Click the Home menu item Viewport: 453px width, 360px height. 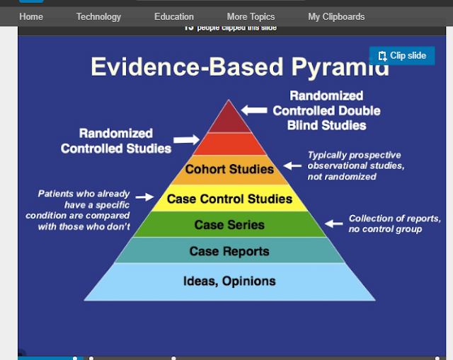coord(31,16)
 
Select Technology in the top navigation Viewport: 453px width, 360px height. coord(98,16)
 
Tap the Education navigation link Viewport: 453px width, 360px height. coord(173,16)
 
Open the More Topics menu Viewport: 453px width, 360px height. coord(251,16)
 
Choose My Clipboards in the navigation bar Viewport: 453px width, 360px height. coord(336,16)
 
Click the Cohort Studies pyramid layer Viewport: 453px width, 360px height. coord(229,170)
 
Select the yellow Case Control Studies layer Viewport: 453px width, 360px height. coord(229,199)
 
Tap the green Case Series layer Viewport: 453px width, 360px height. coord(229,225)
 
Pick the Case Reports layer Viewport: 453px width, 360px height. coord(229,251)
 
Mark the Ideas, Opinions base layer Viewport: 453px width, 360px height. coord(229,281)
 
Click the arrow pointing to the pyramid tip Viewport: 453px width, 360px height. coord(254,110)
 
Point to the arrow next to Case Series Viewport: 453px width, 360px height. coord(333,223)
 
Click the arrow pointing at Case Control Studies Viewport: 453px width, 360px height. coord(144,197)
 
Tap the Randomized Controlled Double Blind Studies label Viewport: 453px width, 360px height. coord(326,110)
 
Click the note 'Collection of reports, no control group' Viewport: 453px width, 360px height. coord(394,223)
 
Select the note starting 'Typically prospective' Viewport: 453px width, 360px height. coord(355,166)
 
